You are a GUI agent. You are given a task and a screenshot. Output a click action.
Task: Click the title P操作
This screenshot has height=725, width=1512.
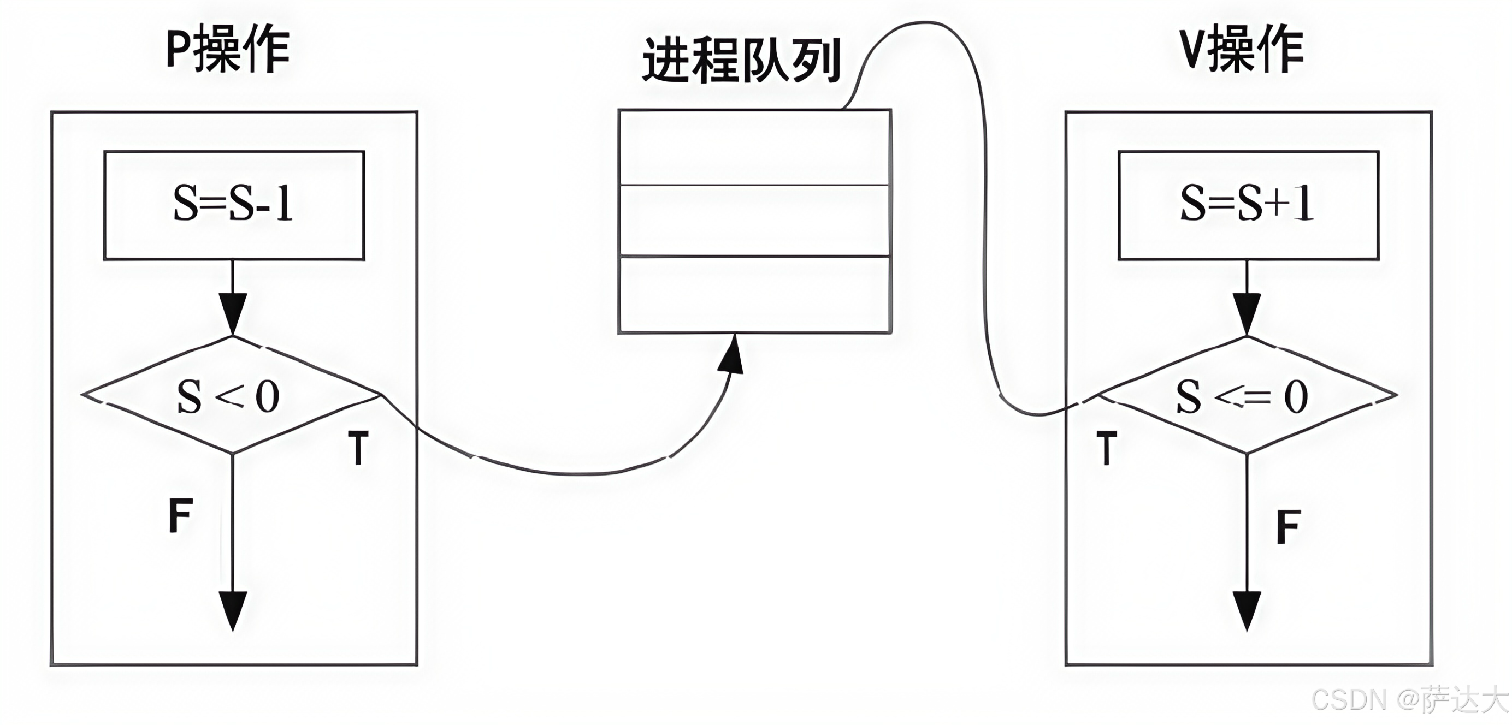pyautogui.click(x=228, y=50)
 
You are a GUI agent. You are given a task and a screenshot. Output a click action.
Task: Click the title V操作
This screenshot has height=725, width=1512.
pyautogui.click(x=1242, y=50)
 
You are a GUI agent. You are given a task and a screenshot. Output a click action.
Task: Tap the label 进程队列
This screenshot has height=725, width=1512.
pyautogui.click(x=742, y=61)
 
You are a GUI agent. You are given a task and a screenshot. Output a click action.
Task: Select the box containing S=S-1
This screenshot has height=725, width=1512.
pyautogui.click(x=234, y=205)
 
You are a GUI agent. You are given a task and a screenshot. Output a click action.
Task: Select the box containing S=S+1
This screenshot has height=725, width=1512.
pyautogui.click(x=1248, y=205)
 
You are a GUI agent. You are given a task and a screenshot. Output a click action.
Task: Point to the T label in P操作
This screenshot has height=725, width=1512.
pyautogui.click(x=358, y=448)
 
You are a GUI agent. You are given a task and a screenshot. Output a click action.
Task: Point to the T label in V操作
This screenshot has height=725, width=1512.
pyautogui.click(x=1106, y=448)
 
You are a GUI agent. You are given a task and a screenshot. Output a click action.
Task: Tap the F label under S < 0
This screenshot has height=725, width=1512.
pyautogui.click(x=180, y=515)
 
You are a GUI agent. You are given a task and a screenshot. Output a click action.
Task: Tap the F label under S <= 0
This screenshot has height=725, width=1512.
pyautogui.click(x=1289, y=526)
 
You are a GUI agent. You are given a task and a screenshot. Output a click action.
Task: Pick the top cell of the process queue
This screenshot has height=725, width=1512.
pyautogui.click(x=755, y=147)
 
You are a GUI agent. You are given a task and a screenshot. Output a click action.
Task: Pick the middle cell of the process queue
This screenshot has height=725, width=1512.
pyautogui.click(x=755, y=221)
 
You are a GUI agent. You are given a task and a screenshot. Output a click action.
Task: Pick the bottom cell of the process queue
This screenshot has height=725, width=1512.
pyautogui.click(x=755, y=294)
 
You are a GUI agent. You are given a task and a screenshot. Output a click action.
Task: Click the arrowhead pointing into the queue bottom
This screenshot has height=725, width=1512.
pyautogui.click(x=731, y=355)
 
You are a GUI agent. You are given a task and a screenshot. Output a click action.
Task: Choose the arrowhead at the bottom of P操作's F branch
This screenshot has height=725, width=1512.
pyautogui.click(x=233, y=610)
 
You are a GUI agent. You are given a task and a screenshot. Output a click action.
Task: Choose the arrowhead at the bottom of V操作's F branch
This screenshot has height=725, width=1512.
pyautogui.click(x=1247, y=610)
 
